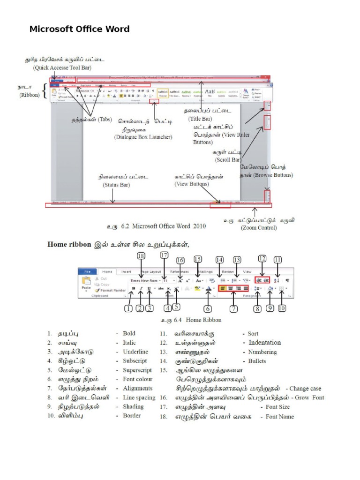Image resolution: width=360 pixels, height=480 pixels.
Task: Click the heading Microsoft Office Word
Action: click(80, 29)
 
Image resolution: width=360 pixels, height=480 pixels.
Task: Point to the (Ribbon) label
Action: click(30, 95)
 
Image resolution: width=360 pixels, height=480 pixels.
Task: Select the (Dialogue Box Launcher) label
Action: click(143, 137)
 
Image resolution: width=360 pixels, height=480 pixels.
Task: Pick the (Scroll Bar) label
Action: click(228, 159)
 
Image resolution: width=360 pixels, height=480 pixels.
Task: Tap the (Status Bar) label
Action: click(116, 185)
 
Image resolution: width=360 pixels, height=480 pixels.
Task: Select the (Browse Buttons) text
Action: click(273, 175)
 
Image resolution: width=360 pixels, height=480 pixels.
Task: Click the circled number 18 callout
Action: click(141, 256)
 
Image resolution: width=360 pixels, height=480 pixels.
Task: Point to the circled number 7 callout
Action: click(233, 309)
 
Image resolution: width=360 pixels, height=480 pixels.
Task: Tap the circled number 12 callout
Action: click(262, 258)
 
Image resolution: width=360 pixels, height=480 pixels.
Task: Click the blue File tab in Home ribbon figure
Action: click(88, 271)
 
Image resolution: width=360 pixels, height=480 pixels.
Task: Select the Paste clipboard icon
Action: click(86, 281)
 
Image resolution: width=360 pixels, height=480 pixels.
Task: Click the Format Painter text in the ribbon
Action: click(112, 290)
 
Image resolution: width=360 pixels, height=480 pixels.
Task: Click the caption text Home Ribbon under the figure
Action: click(204, 320)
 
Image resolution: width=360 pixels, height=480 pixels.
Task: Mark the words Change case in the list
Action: click(305, 388)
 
